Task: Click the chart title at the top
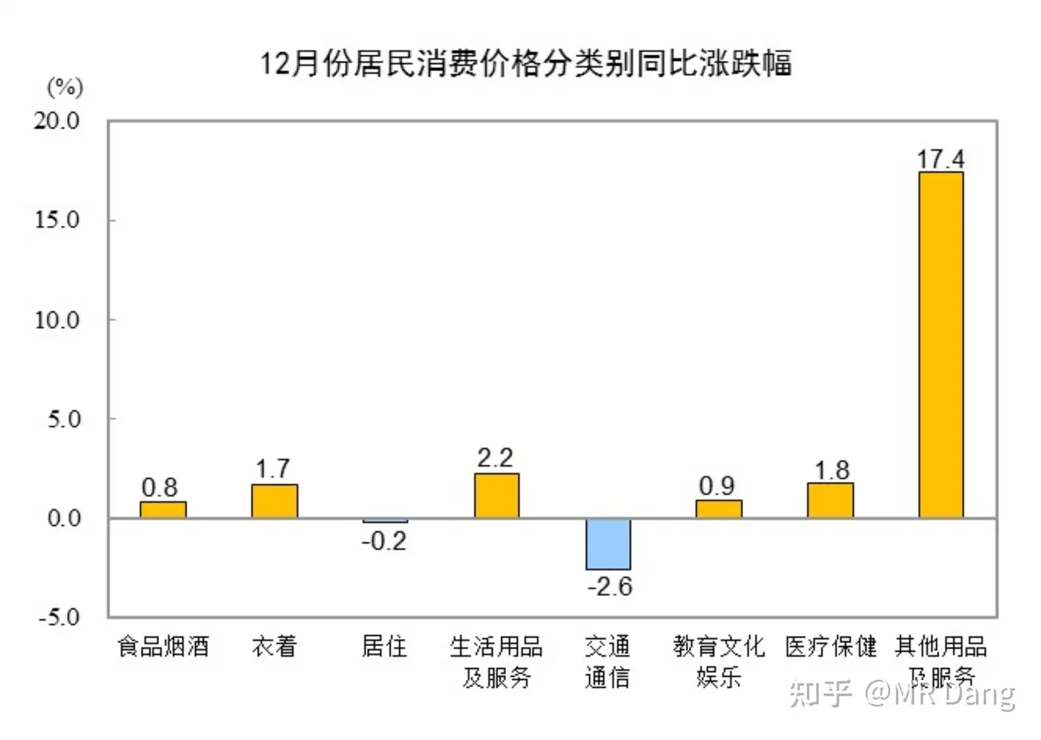click(526, 64)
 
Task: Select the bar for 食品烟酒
click(163, 510)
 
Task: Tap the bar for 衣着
click(274, 501)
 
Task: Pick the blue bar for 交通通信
click(608, 544)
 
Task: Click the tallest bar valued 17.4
click(941, 344)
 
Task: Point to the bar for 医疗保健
click(830, 501)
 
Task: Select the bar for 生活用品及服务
click(497, 496)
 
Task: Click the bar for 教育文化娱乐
click(719, 509)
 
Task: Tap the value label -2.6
click(609, 586)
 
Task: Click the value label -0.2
click(384, 540)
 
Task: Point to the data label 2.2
click(495, 458)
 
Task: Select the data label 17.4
click(941, 158)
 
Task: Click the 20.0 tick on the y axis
click(57, 121)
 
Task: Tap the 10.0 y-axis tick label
click(57, 320)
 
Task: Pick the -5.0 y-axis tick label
click(59, 617)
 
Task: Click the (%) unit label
click(65, 88)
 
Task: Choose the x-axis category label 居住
click(384, 646)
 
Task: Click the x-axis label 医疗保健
click(831, 646)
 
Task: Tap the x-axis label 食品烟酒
click(163, 646)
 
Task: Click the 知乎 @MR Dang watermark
click(902, 694)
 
